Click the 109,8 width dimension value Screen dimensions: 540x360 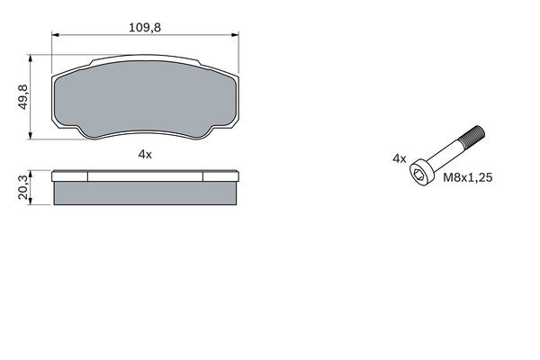pos(145,28)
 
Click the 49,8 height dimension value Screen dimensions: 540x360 pos(22,97)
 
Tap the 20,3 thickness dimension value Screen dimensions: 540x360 pos(22,187)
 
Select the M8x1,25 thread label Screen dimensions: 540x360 pos(467,177)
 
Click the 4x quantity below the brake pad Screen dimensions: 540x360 pos(145,155)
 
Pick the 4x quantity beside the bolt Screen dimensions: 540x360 pos(400,158)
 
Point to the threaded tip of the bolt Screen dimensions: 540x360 pos(472,135)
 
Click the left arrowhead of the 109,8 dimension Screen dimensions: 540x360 pos(56,35)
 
